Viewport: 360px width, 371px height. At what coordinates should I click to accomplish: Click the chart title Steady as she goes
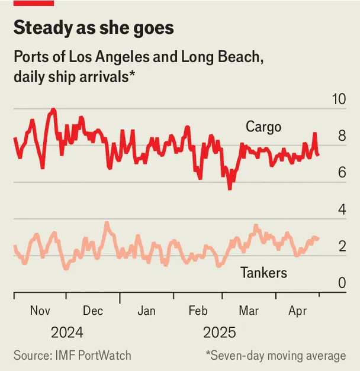[x=94, y=28]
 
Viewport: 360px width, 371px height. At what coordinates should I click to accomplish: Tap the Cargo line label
[x=263, y=126]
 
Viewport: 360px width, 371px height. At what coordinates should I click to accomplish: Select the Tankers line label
[x=263, y=273]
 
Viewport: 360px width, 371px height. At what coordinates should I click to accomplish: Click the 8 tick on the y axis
[x=342, y=136]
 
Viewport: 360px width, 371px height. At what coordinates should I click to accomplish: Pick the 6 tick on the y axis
[x=342, y=173]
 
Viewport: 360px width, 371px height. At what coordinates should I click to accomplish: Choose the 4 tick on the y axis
[x=342, y=209]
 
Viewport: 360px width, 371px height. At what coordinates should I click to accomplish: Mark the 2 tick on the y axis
[x=342, y=247]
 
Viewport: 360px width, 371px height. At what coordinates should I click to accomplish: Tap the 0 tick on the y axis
[x=342, y=283]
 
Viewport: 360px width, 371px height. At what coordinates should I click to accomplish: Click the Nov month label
[x=40, y=311]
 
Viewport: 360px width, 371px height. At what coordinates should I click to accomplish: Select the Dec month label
[x=93, y=311]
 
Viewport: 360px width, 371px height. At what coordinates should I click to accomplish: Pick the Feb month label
[x=197, y=311]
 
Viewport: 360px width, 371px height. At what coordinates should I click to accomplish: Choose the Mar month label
[x=249, y=311]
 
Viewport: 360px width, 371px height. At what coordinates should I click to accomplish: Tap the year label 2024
[x=66, y=332]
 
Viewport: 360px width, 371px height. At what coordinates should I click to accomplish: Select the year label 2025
[x=219, y=332]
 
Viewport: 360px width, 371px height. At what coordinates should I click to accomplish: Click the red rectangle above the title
[x=34, y=3]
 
